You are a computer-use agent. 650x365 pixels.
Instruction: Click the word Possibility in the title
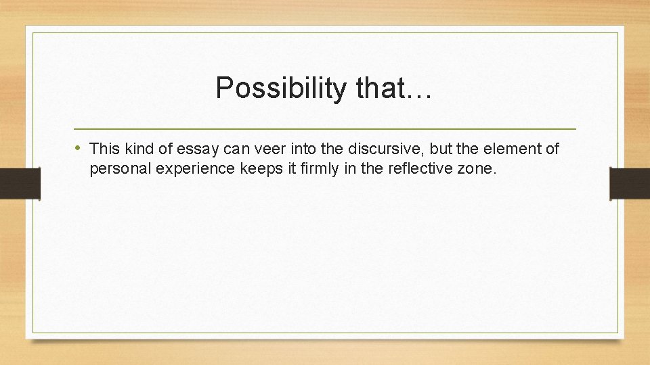coord(279,88)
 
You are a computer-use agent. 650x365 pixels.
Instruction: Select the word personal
coord(121,168)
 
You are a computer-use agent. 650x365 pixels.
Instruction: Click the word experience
coord(196,168)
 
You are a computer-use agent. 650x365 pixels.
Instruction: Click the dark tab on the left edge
coord(20,183)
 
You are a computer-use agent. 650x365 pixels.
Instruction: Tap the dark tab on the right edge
coord(630,183)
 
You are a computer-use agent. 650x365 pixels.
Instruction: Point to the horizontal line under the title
coord(325,128)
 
